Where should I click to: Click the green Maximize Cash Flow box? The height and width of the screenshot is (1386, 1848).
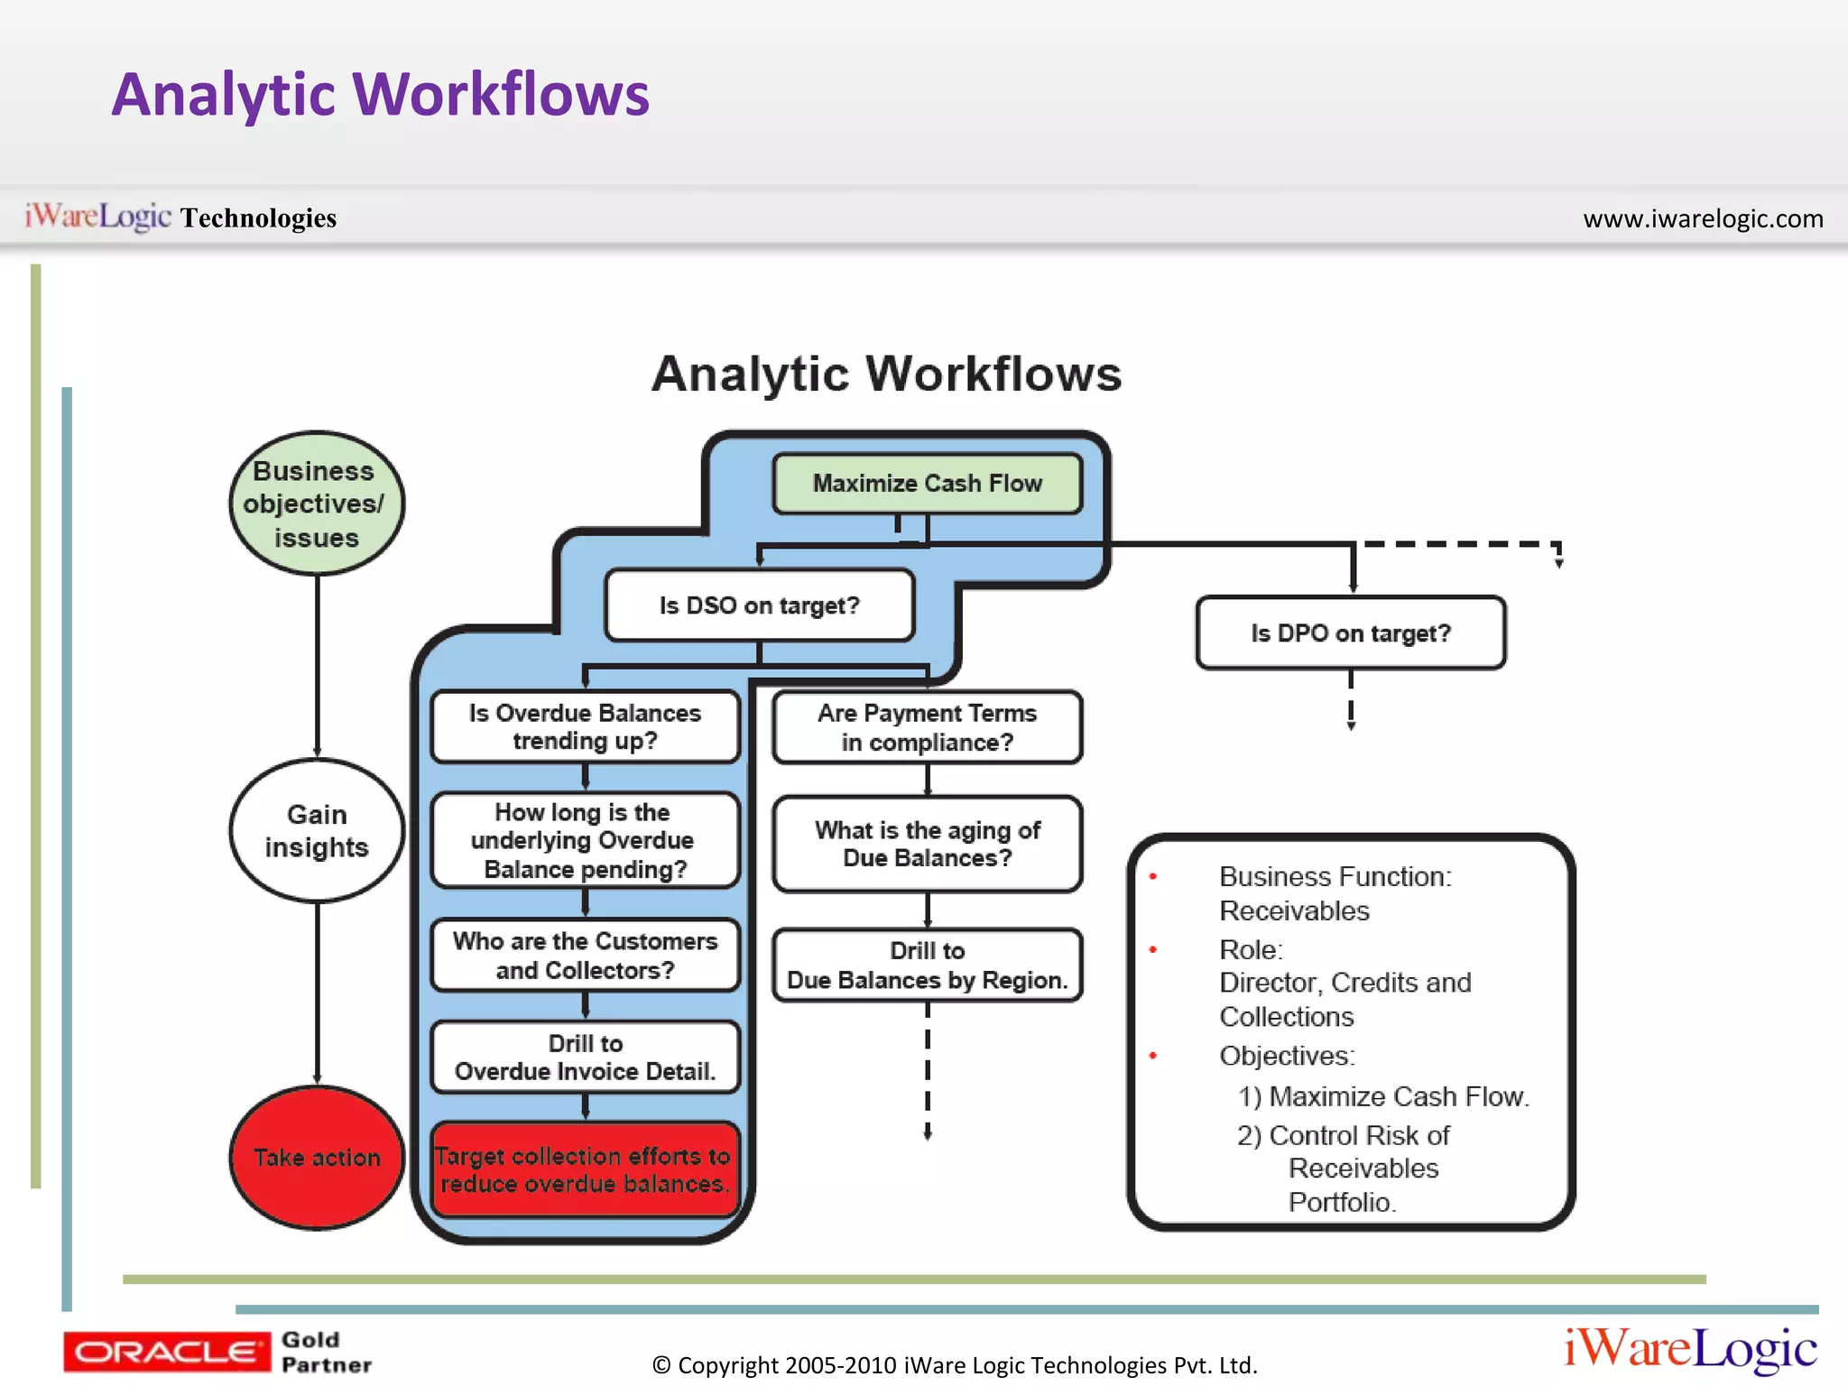[927, 484]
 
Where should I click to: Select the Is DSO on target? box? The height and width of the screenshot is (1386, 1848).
[759, 605]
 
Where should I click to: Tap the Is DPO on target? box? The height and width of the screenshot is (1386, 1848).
[1350, 633]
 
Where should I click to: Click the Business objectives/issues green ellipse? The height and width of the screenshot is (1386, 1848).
[317, 504]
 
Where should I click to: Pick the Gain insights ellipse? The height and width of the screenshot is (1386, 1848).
[317, 831]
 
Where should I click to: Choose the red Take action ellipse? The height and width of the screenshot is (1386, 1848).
[317, 1158]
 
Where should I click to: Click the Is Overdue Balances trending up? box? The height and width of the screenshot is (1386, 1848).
[585, 727]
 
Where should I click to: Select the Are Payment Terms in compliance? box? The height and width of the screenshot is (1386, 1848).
[927, 727]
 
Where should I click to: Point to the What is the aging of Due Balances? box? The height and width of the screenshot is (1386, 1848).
[927, 844]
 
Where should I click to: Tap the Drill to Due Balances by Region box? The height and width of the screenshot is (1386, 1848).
[927, 966]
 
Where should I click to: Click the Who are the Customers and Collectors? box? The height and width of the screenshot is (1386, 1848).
[585, 956]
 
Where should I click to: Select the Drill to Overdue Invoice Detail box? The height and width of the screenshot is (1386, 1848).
[585, 1058]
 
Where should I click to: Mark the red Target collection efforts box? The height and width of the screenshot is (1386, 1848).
[585, 1170]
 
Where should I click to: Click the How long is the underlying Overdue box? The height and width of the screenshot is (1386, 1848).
[585, 840]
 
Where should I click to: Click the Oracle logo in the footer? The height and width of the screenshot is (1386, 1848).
[166, 1352]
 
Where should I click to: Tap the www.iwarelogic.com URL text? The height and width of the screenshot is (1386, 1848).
[1703, 218]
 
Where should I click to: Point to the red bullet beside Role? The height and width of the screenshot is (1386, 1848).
[1152, 949]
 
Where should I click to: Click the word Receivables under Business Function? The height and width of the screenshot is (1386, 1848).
[1294, 911]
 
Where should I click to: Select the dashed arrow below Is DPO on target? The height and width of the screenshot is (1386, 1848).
[1351, 700]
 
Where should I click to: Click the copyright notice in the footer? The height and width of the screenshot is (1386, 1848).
[954, 1365]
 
